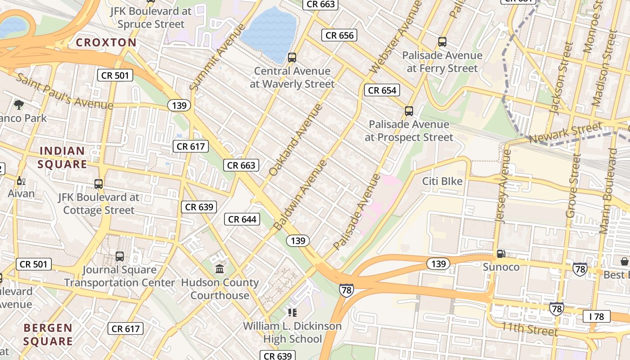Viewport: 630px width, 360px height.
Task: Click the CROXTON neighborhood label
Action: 106,43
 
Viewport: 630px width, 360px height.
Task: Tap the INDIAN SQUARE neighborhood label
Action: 62,157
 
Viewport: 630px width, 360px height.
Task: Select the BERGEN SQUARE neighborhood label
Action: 48,334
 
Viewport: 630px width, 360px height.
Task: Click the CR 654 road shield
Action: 382,90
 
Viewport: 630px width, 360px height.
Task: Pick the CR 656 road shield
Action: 339,35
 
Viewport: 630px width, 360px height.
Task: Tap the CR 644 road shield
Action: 242,219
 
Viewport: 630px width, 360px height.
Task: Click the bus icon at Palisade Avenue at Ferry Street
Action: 442,42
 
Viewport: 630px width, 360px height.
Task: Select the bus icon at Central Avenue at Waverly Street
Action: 292,57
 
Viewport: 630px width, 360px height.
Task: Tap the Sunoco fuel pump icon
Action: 501,254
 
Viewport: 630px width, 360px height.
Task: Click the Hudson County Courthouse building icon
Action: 220,269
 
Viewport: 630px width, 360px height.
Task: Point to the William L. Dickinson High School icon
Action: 292,312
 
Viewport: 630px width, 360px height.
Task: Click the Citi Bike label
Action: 442,181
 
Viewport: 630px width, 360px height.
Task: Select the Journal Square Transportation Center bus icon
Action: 120,256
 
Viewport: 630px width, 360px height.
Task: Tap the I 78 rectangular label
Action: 596,316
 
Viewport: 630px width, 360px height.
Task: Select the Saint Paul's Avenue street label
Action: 65,91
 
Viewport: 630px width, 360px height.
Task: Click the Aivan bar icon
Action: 20,181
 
